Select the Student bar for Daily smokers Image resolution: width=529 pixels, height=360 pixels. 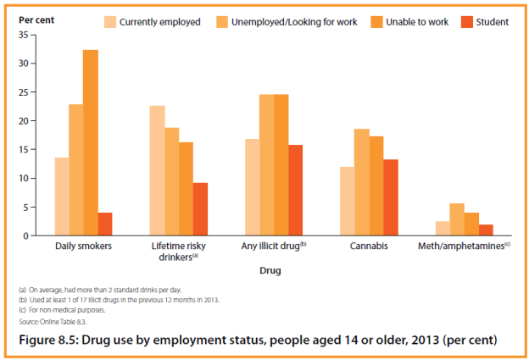(x=105, y=224)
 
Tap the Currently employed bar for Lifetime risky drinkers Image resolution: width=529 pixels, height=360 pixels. (x=157, y=170)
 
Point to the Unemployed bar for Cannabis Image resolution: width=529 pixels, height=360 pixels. (x=361, y=182)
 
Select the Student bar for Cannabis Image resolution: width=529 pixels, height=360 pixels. (x=390, y=197)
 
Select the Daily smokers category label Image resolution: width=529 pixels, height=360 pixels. (x=83, y=246)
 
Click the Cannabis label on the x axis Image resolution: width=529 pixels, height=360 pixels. (x=369, y=246)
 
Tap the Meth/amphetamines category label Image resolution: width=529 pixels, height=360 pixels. (x=464, y=246)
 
